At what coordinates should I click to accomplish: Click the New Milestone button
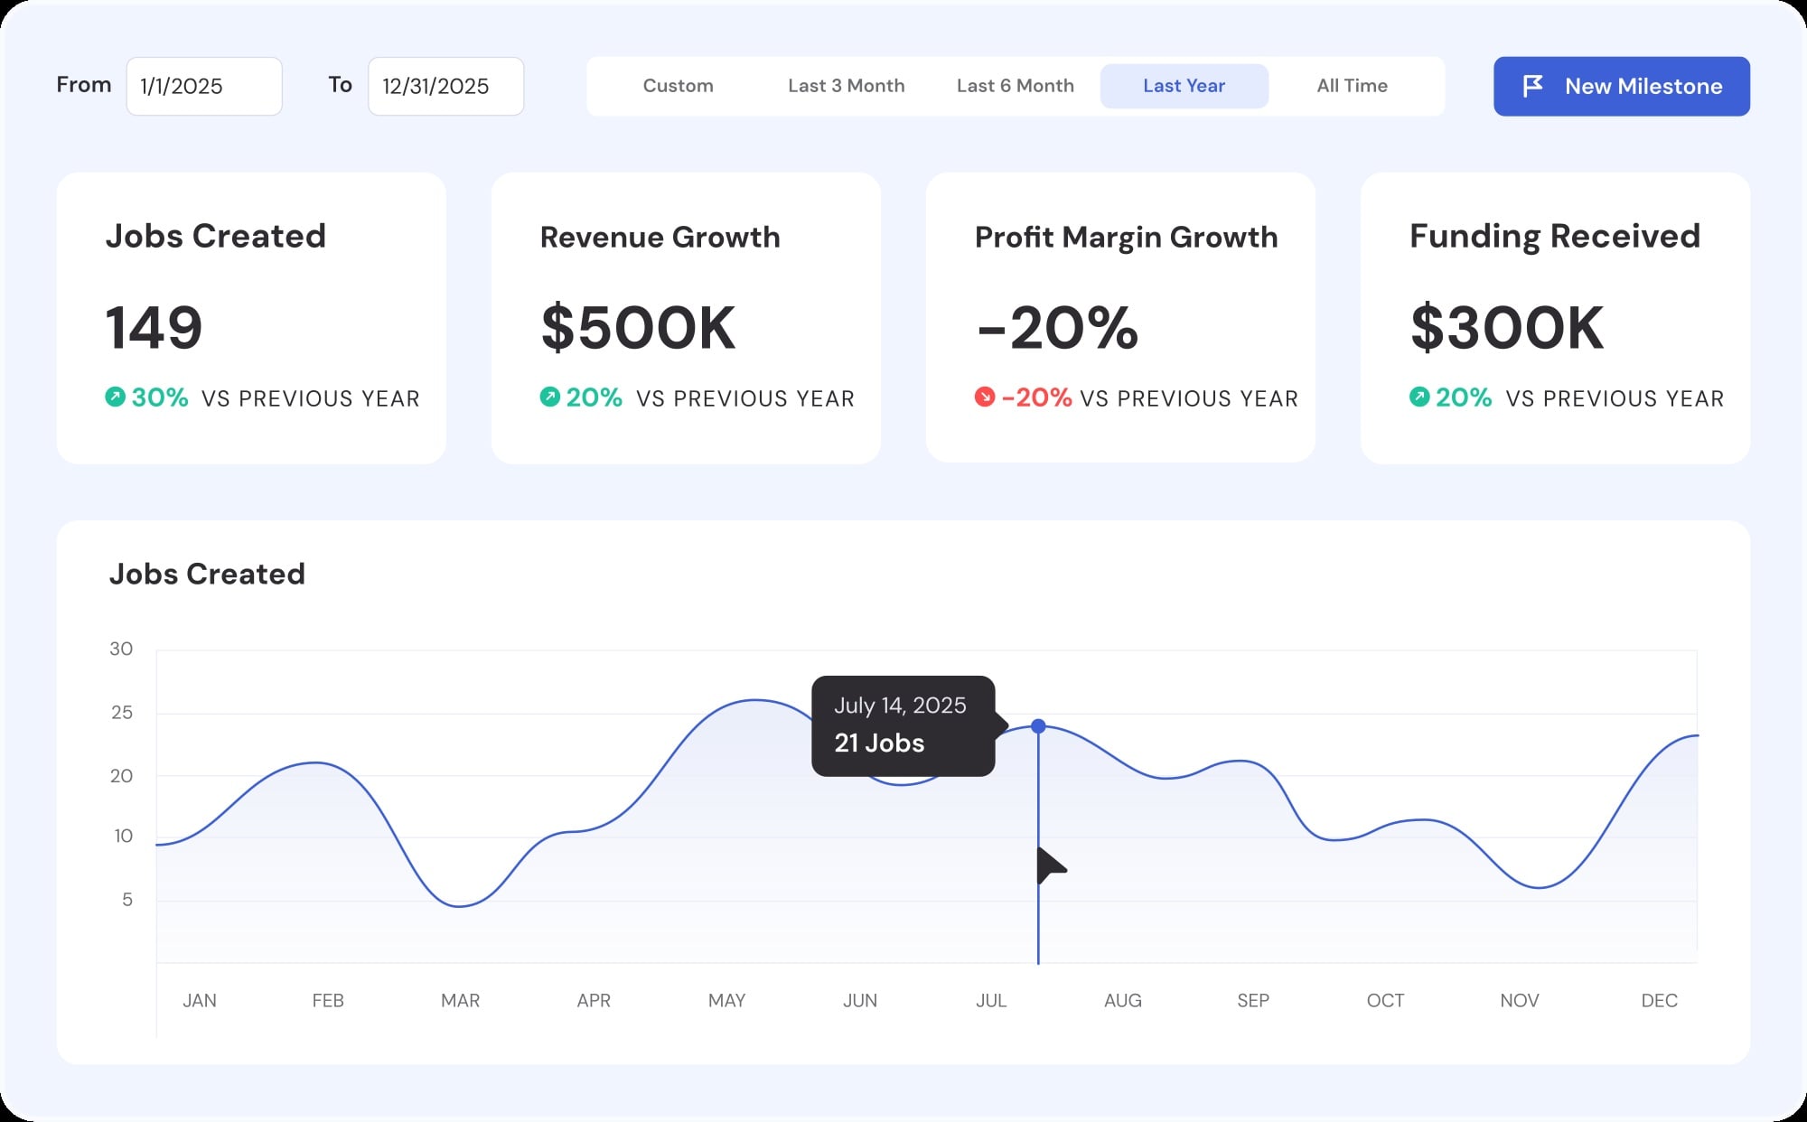tap(1621, 87)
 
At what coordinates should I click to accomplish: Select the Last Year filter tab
tap(1184, 86)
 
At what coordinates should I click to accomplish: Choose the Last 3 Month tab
tap(846, 86)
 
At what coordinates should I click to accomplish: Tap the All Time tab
tap(1352, 86)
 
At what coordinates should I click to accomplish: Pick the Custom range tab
tap(678, 86)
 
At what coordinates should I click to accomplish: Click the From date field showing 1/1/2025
tap(204, 87)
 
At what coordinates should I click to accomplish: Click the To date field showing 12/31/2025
tap(445, 87)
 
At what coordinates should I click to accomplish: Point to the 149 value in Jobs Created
tap(154, 327)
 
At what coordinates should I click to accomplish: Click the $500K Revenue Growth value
tap(638, 327)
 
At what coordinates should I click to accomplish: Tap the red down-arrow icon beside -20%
tap(984, 397)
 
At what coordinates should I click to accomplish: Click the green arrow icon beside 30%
tap(115, 397)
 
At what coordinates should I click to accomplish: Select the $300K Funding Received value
tap(1507, 327)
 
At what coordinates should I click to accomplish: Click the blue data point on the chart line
tap(1038, 726)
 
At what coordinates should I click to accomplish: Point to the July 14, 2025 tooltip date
tap(900, 706)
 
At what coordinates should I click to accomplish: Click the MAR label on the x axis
tap(460, 1000)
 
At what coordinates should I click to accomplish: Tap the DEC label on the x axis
tap(1659, 1000)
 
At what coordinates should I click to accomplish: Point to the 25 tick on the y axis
tap(122, 713)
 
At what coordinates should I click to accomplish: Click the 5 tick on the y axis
tap(127, 900)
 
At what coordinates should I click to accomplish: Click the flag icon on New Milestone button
tap(1533, 86)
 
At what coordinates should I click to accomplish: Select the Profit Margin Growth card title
tap(1126, 237)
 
